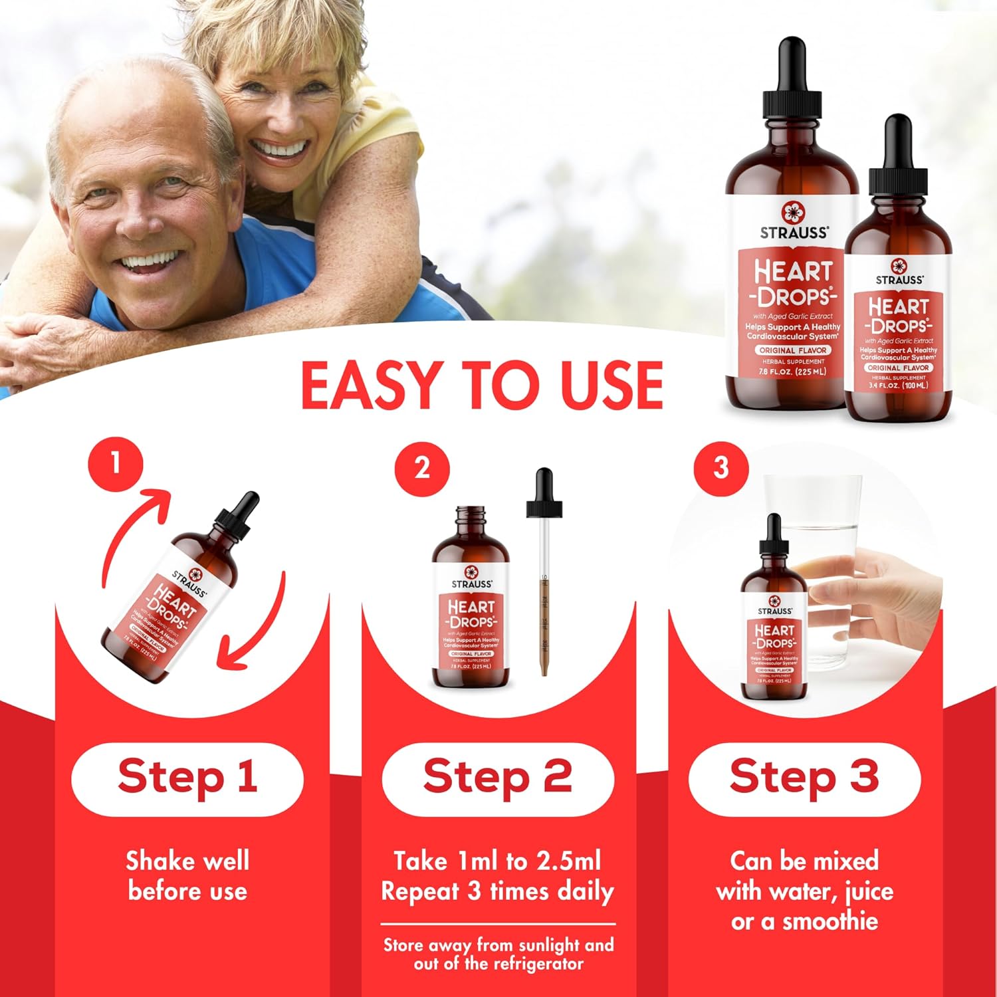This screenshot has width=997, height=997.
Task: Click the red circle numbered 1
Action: tap(116, 463)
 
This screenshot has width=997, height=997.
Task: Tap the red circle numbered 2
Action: tap(422, 468)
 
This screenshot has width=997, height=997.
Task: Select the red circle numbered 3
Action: tap(721, 468)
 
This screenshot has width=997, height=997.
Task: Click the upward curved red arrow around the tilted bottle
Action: tap(130, 532)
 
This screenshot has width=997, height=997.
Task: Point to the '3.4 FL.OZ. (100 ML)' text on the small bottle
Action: tap(898, 386)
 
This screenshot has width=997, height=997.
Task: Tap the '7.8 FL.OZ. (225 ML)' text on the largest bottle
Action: tap(792, 372)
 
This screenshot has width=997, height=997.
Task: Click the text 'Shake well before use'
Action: tap(187, 875)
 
